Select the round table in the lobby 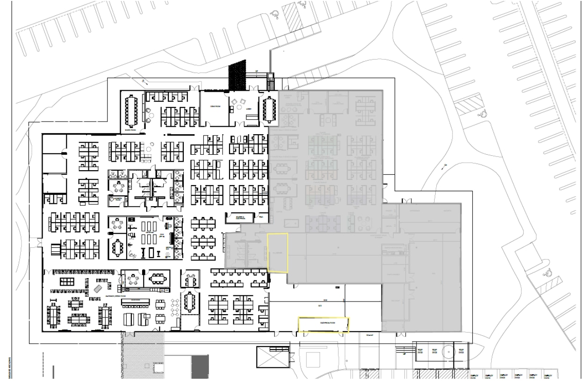tap(242, 102)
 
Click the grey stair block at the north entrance tap(271, 82)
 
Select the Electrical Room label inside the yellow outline tap(324, 323)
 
